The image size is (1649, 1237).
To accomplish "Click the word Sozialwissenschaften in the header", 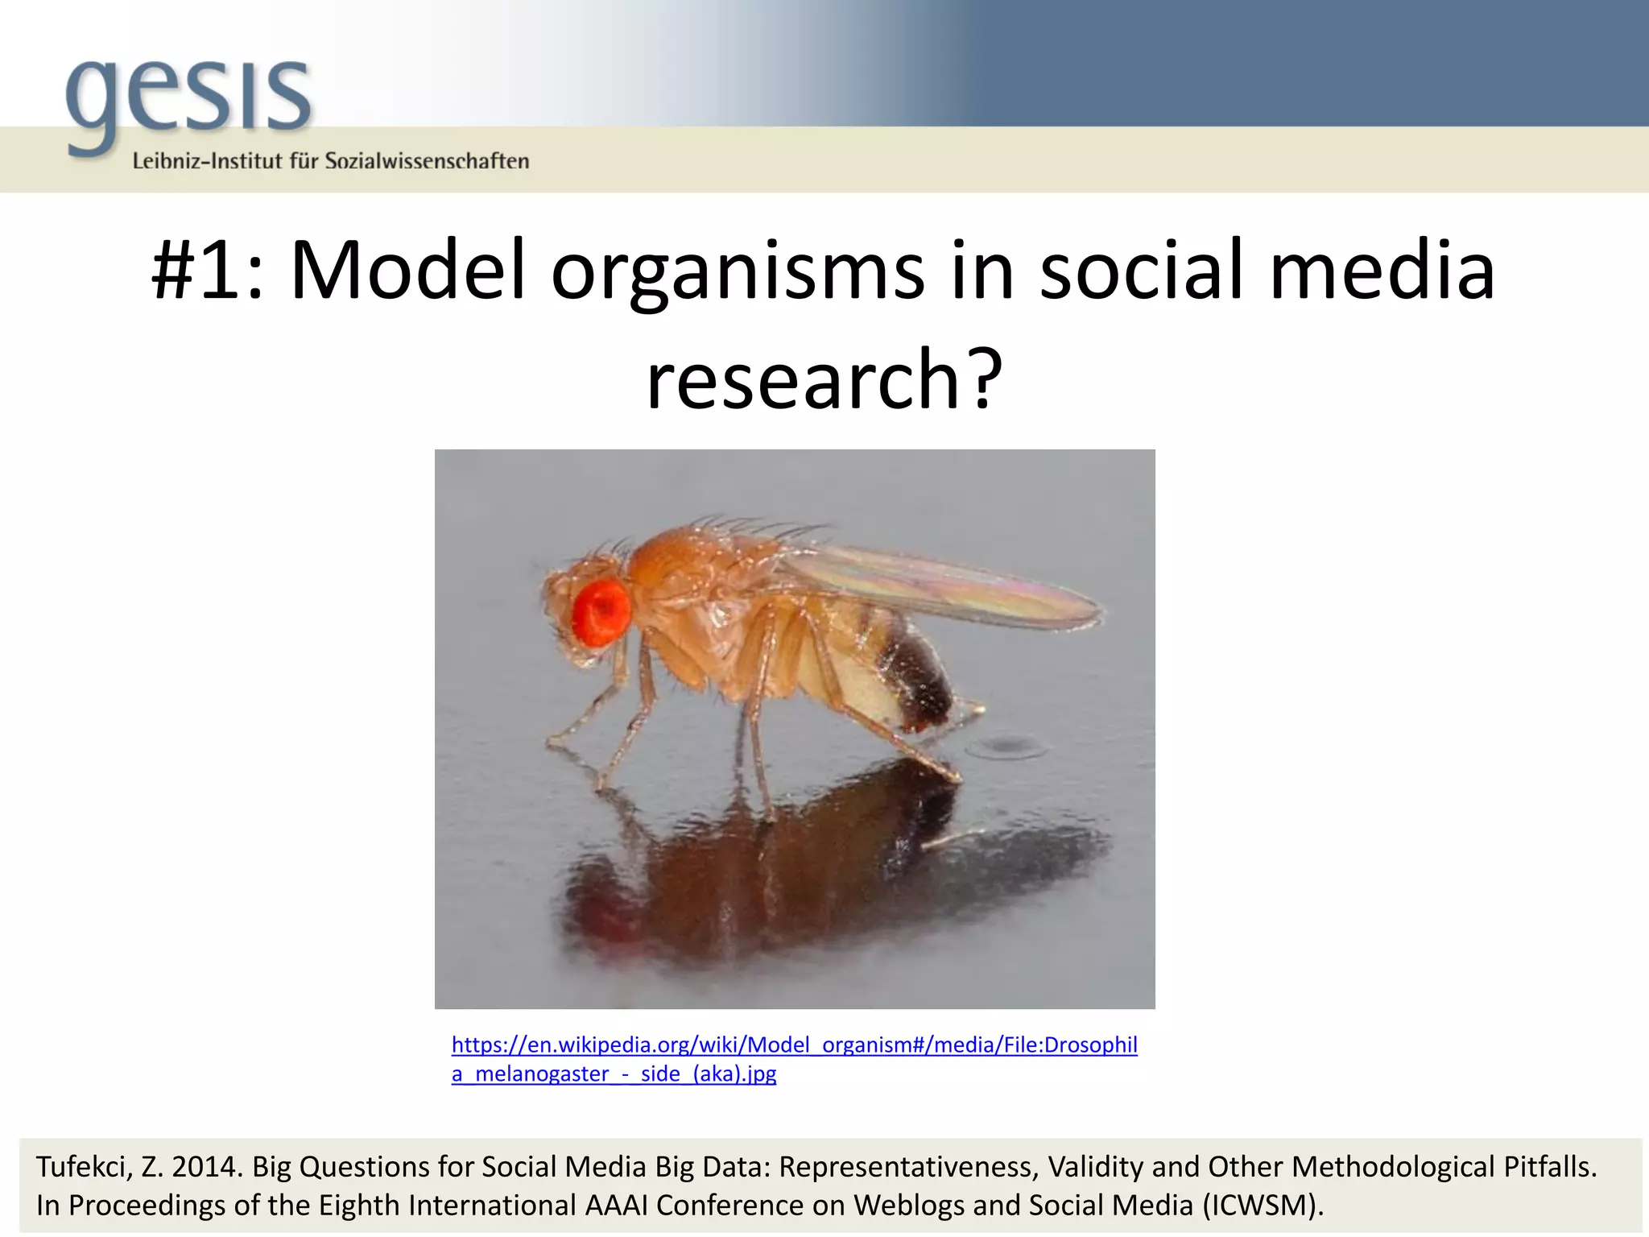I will tap(427, 161).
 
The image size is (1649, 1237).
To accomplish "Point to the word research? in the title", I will tap(824, 379).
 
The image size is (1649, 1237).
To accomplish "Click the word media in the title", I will tap(1382, 271).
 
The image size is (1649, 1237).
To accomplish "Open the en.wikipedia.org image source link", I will tap(794, 1045).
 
